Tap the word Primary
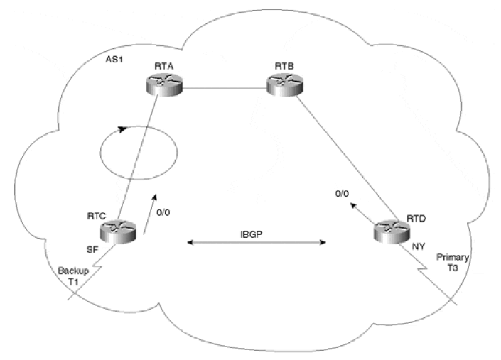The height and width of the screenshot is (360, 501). click(452, 256)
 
